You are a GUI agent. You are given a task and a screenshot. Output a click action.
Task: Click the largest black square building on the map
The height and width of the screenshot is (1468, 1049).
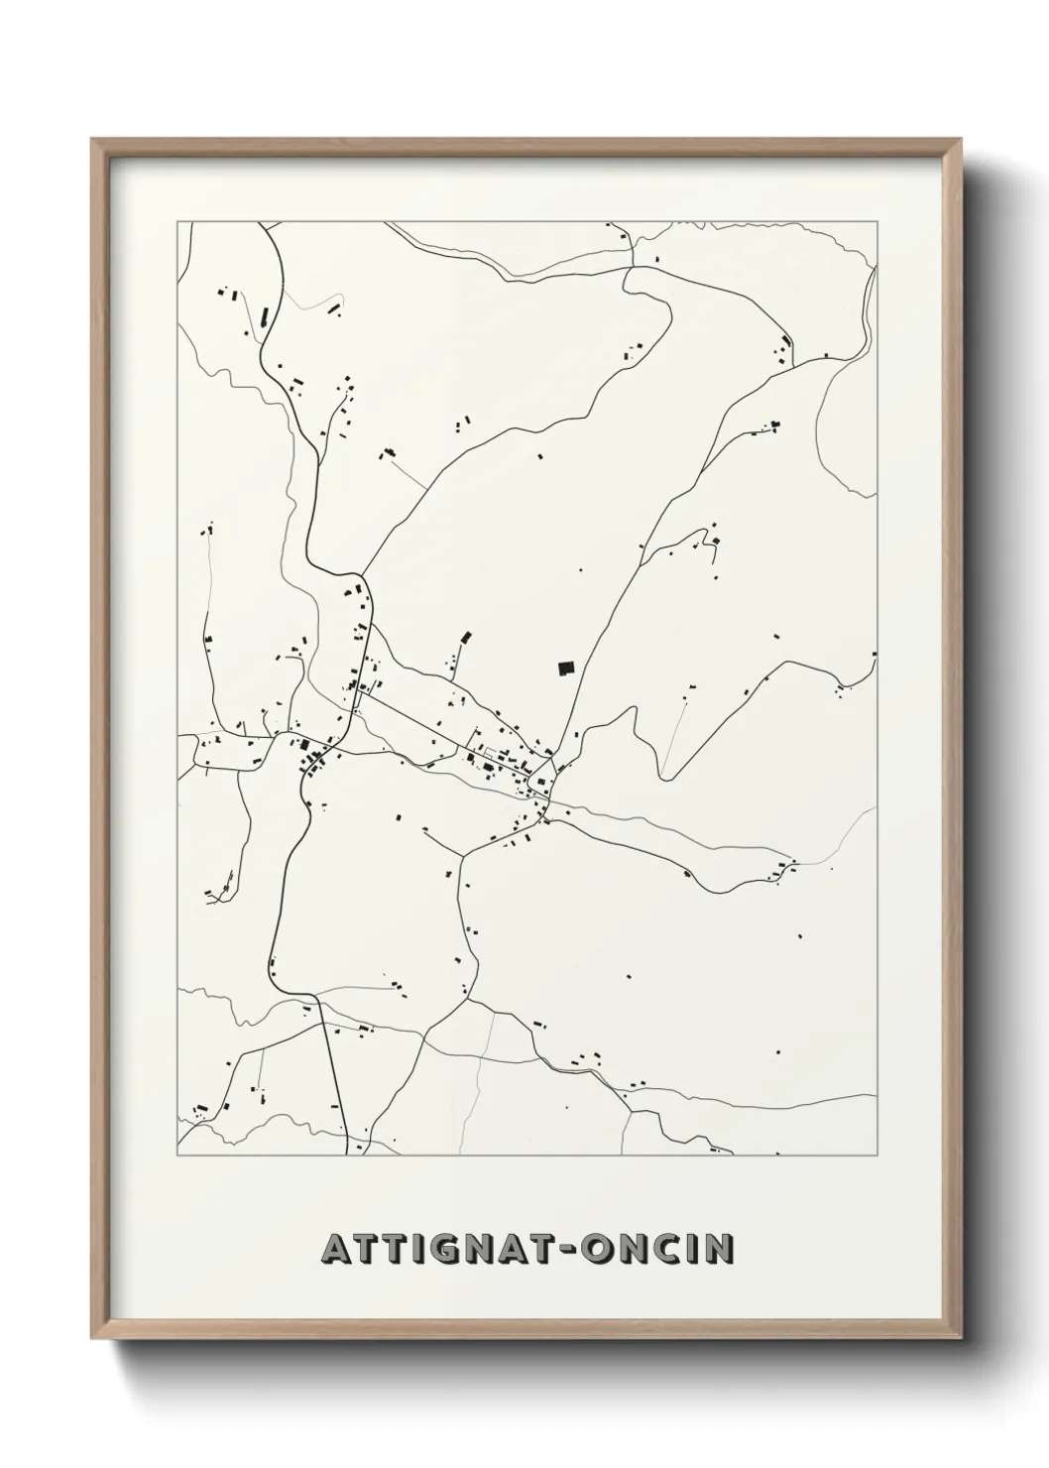tap(566, 669)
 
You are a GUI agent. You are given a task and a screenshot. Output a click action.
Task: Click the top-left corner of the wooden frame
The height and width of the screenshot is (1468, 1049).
tap(92, 140)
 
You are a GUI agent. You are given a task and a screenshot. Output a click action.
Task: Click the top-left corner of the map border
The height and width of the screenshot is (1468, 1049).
tap(177, 222)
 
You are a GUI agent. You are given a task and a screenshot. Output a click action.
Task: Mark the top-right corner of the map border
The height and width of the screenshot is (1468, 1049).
tap(876, 222)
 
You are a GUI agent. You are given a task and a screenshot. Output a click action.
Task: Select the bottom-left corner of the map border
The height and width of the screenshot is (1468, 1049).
tap(177, 1155)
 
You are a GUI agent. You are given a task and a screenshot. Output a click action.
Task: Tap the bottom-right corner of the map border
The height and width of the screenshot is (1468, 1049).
tap(876, 1155)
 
